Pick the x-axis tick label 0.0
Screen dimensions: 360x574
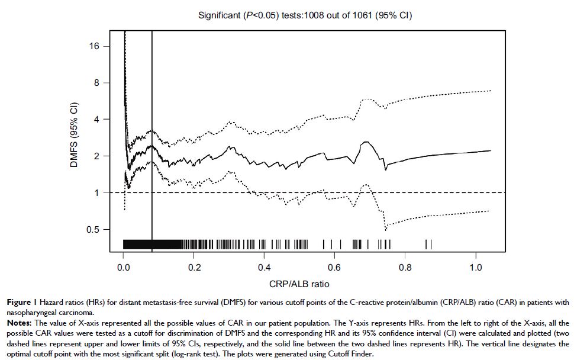(123, 267)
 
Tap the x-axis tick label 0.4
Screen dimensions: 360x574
(264, 267)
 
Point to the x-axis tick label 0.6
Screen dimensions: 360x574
(334, 267)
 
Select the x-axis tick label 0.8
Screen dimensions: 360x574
(405, 267)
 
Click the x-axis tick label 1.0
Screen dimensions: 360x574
(475, 267)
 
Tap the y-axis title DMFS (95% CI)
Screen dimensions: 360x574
(75, 137)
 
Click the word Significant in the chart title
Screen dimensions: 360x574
(219, 16)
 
